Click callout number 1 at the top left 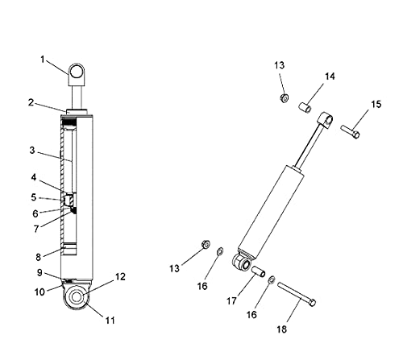pyautogui.click(x=42, y=60)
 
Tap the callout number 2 pyautogui.click(x=31, y=102)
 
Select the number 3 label pyautogui.click(x=32, y=151)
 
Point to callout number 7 pyautogui.click(x=36, y=229)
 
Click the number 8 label pyautogui.click(x=39, y=257)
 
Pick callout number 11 pyautogui.click(x=110, y=321)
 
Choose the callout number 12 pyautogui.click(x=121, y=276)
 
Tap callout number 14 pyautogui.click(x=330, y=77)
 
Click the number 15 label pyautogui.click(x=376, y=104)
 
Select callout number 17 pyautogui.click(x=231, y=301)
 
